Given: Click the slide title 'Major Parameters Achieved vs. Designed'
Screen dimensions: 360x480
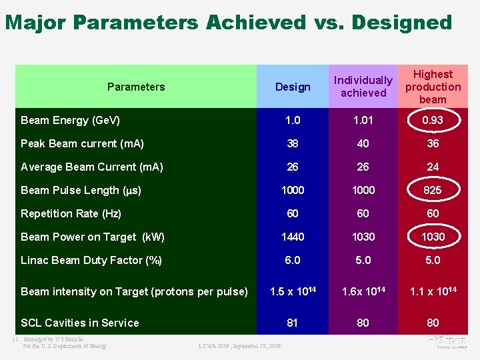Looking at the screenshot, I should click(x=228, y=22).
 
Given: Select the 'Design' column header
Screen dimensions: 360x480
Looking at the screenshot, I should click(x=293, y=87).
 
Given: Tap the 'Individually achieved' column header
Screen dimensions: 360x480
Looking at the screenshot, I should click(x=363, y=87).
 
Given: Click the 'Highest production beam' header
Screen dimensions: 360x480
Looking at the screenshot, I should click(x=433, y=87).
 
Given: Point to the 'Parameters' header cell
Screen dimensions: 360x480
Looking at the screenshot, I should click(x=136, y=87).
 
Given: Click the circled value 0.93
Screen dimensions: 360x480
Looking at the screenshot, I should click(x=433, y=120).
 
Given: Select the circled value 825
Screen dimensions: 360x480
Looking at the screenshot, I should click(x=433, y=190).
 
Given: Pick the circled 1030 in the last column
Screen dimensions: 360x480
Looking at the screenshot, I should click(x=433, y=237).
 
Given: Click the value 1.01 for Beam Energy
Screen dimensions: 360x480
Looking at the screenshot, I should click(x=363, y=120).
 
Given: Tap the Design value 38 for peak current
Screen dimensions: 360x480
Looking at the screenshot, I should click(x=293, y=143).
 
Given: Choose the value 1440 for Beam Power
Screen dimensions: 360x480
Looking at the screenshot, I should click(x=293, y=237).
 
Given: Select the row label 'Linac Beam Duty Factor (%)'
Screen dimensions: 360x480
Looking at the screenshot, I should click(x=91, y=260).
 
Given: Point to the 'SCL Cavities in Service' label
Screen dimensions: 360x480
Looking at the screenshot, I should click(x=80, y=323).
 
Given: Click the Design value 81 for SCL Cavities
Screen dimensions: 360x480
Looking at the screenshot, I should click(x=293, y=323).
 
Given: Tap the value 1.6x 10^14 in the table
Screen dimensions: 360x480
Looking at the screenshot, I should click(x=363, y=291).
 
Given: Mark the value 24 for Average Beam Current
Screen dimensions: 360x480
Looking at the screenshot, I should click(x=433, y=167).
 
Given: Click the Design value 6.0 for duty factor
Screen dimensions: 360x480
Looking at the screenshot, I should click(x=293, y=260).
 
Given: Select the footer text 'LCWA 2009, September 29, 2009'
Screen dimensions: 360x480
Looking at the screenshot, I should click(x=239, y=346).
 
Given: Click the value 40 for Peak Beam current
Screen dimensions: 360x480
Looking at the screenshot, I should click(x=363, y=143).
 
